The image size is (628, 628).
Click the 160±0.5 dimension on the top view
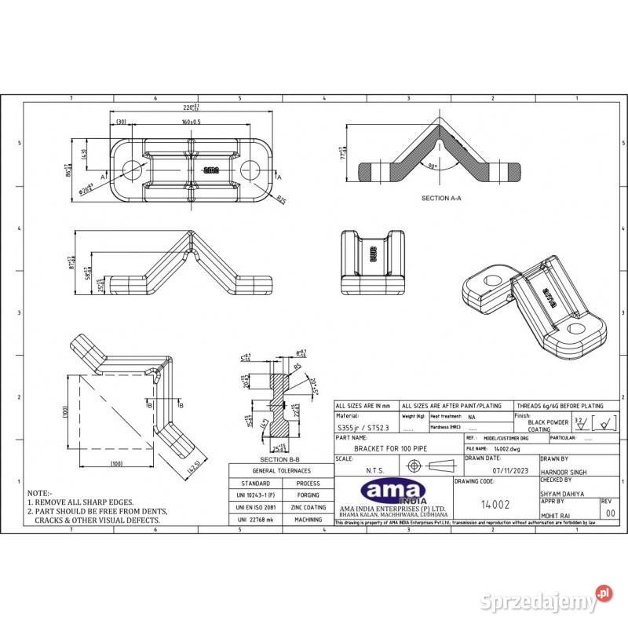(x=190, y=122)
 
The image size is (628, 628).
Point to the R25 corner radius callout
(x=280, y=199)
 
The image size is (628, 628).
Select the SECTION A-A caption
(x=441, y=199)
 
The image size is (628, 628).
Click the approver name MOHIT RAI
(x=557, y=514)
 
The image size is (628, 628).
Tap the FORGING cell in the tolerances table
(x=309, y=495)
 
